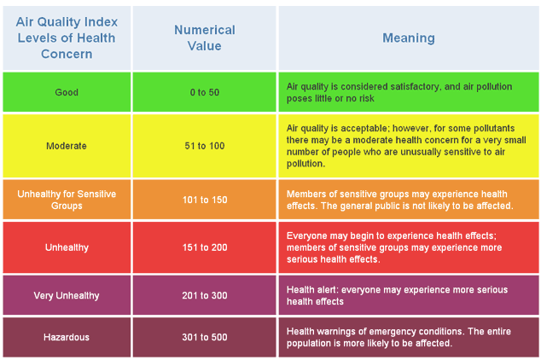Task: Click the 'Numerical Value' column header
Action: [204, 38]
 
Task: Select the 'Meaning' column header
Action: [408, 38]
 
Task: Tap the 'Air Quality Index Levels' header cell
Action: [67, 38]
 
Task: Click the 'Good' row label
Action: [67, 92]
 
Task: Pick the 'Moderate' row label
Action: [67, 146]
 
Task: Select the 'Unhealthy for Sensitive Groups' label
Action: [67, 200]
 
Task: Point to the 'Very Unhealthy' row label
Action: [67, 296]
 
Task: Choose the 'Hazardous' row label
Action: [67, 338]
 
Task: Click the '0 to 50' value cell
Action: [204, 92]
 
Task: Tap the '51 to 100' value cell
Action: [204, 146]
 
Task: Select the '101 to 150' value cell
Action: [204, 200]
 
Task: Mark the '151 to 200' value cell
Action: [204, 248]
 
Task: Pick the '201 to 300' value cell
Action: [204, 296]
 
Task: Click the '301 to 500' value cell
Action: [204, 338]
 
